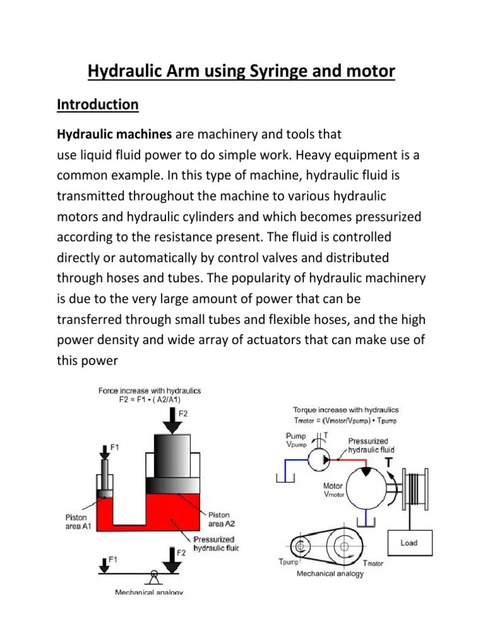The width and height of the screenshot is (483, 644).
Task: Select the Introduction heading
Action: (97, 104)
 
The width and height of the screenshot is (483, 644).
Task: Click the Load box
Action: (409, 543)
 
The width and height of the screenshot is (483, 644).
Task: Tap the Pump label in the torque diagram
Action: (295, 435)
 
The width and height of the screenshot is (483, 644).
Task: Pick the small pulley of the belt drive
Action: (301, 544)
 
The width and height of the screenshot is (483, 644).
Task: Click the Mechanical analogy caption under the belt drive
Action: (330, 574)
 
